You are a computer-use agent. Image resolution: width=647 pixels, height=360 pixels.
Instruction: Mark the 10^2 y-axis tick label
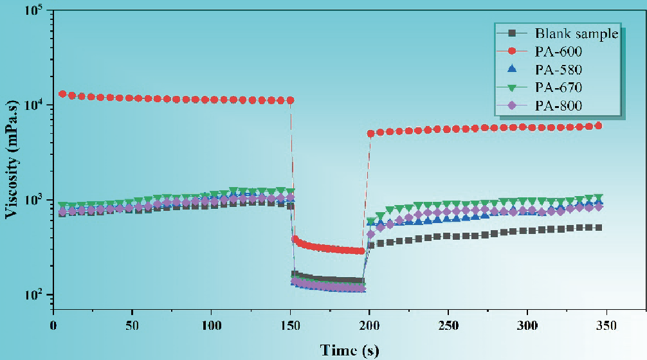click(31, 294)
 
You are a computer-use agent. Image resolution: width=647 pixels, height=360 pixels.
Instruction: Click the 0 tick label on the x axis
click(53, 326)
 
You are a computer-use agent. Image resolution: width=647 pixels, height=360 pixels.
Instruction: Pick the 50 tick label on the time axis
click(132, 326)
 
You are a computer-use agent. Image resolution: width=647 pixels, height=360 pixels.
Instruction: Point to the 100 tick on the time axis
click(210, 326)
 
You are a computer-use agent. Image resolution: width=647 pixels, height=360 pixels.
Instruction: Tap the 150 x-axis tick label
click(289, 326)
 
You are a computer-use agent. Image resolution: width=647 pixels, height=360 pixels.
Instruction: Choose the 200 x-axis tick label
click(369, 326)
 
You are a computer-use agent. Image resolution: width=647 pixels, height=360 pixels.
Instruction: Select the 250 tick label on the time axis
click(447, 326)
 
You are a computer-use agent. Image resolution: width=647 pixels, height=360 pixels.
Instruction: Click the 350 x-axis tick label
click(605, 326)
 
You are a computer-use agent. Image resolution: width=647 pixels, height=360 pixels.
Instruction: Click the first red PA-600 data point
click(62, 94)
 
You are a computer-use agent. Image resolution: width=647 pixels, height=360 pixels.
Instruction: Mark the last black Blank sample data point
click(599, 228)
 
